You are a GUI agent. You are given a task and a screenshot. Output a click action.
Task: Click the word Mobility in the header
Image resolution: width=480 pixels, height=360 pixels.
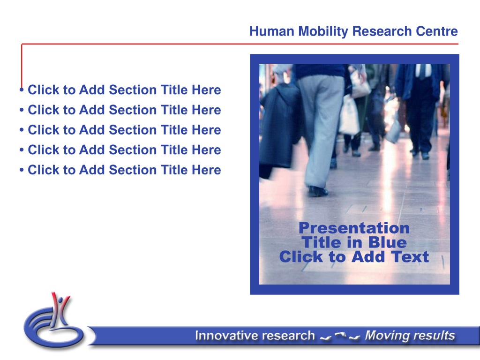click(323, 31)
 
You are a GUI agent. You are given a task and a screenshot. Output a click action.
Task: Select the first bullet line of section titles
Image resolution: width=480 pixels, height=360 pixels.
click(120, 90)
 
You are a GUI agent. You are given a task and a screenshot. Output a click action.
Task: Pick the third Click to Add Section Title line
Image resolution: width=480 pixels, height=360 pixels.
click(120, 130)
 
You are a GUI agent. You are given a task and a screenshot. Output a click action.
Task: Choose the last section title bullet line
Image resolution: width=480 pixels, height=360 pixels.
click(120, 170)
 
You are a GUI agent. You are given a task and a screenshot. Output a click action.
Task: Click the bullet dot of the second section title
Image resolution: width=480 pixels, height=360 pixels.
click(22, 110)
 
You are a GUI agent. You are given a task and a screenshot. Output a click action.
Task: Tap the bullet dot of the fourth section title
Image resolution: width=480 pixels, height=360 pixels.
click(22, 150)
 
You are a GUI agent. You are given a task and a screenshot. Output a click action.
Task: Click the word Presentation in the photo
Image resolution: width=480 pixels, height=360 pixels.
click(354, 228)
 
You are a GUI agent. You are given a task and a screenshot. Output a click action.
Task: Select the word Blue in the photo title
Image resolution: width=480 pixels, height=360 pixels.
click(387, 242)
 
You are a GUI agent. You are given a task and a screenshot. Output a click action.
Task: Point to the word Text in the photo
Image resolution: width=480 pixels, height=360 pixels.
click(411, 256)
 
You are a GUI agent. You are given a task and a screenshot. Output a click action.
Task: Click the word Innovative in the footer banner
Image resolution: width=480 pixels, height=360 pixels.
click(221, 336)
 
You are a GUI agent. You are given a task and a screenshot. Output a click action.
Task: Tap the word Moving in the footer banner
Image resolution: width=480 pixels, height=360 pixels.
click(384, 336)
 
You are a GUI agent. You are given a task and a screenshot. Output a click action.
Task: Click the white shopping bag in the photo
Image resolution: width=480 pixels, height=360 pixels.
click(349, 115)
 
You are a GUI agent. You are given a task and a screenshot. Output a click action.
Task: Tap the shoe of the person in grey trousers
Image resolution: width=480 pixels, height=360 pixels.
click(318, 191)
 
